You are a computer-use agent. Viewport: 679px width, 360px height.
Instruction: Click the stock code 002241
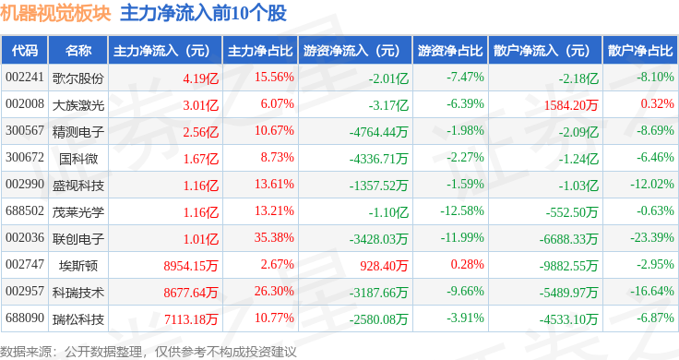tap(25, 78)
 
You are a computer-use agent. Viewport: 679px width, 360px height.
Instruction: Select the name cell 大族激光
tap(78, 105)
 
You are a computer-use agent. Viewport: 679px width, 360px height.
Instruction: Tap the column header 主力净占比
tap(260, 51)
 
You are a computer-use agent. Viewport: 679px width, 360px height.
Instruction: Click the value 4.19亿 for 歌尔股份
tap(201, 78)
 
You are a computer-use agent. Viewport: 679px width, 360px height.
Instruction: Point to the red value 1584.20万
tap(571, 105)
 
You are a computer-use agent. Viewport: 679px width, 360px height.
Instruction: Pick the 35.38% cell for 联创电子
tap(274, 237)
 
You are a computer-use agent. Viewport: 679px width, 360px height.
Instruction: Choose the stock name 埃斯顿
tap(78, 265)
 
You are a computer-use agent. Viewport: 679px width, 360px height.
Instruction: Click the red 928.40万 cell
tap(384, 266)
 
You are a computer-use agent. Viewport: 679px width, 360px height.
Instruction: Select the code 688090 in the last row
tap(25, 318)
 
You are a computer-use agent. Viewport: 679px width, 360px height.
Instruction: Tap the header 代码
tap(25, 51)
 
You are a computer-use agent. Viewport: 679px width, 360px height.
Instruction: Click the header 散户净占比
tap(640, 51)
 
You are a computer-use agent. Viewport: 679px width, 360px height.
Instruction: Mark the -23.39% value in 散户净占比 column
tap(651, 237)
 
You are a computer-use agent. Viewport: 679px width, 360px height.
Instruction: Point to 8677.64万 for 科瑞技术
tap(191, 293)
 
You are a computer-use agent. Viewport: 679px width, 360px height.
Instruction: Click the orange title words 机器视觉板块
tap(55, 14)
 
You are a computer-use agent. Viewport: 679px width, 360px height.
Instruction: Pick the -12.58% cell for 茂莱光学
tap(462, 211)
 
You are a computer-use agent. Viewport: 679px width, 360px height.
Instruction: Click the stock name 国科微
tap(78, 159)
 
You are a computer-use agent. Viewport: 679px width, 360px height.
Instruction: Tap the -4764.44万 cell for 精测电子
tap(379, 132)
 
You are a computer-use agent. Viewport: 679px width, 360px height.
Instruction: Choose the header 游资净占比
tap(450, 51)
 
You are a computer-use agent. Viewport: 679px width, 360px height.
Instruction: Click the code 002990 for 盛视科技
tap(25, 184)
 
